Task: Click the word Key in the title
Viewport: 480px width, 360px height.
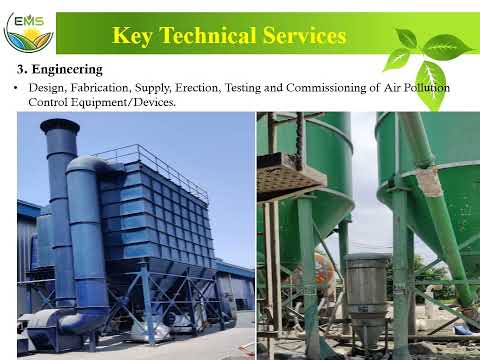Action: tap(134, 36)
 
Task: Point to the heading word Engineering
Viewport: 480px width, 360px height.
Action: tap(66, 70)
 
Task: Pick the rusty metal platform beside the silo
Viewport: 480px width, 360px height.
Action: tap(290, 176)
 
